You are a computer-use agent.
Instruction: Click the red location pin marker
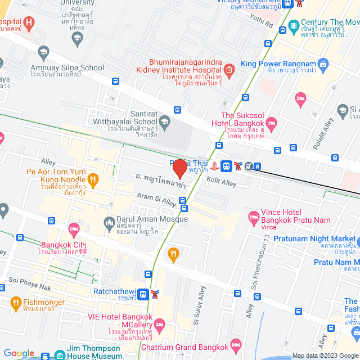coord(179,169)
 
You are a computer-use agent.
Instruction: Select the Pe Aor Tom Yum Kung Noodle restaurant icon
coord(93,179)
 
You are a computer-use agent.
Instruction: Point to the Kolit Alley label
coord(221,183)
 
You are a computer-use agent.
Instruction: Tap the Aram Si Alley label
coord(157,198)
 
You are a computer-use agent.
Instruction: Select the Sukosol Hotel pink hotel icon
coord(272,122)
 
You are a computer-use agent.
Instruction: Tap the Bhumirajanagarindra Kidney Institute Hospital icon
coord(228,70)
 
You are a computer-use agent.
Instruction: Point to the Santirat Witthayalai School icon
coord(165,121)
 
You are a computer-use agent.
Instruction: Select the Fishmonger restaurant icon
coord(15,304)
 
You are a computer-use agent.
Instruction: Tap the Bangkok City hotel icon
coord(73,229)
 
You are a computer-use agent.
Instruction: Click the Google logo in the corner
coord(19,353)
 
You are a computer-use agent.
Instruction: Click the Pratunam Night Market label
coord(315,238)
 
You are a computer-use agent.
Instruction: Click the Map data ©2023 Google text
coord(325,355)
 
